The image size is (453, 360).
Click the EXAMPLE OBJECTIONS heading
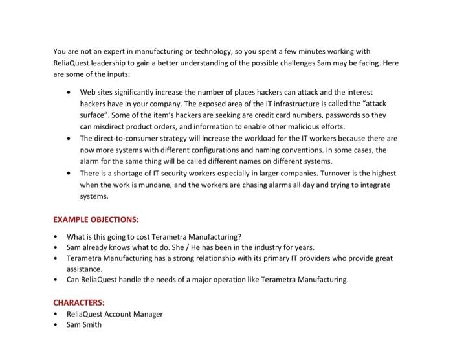[96, 219]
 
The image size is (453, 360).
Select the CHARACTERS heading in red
[78, 302]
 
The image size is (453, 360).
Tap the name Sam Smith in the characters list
[84, 324]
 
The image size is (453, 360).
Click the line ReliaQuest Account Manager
[115, 314]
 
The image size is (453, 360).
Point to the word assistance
[84, 269]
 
